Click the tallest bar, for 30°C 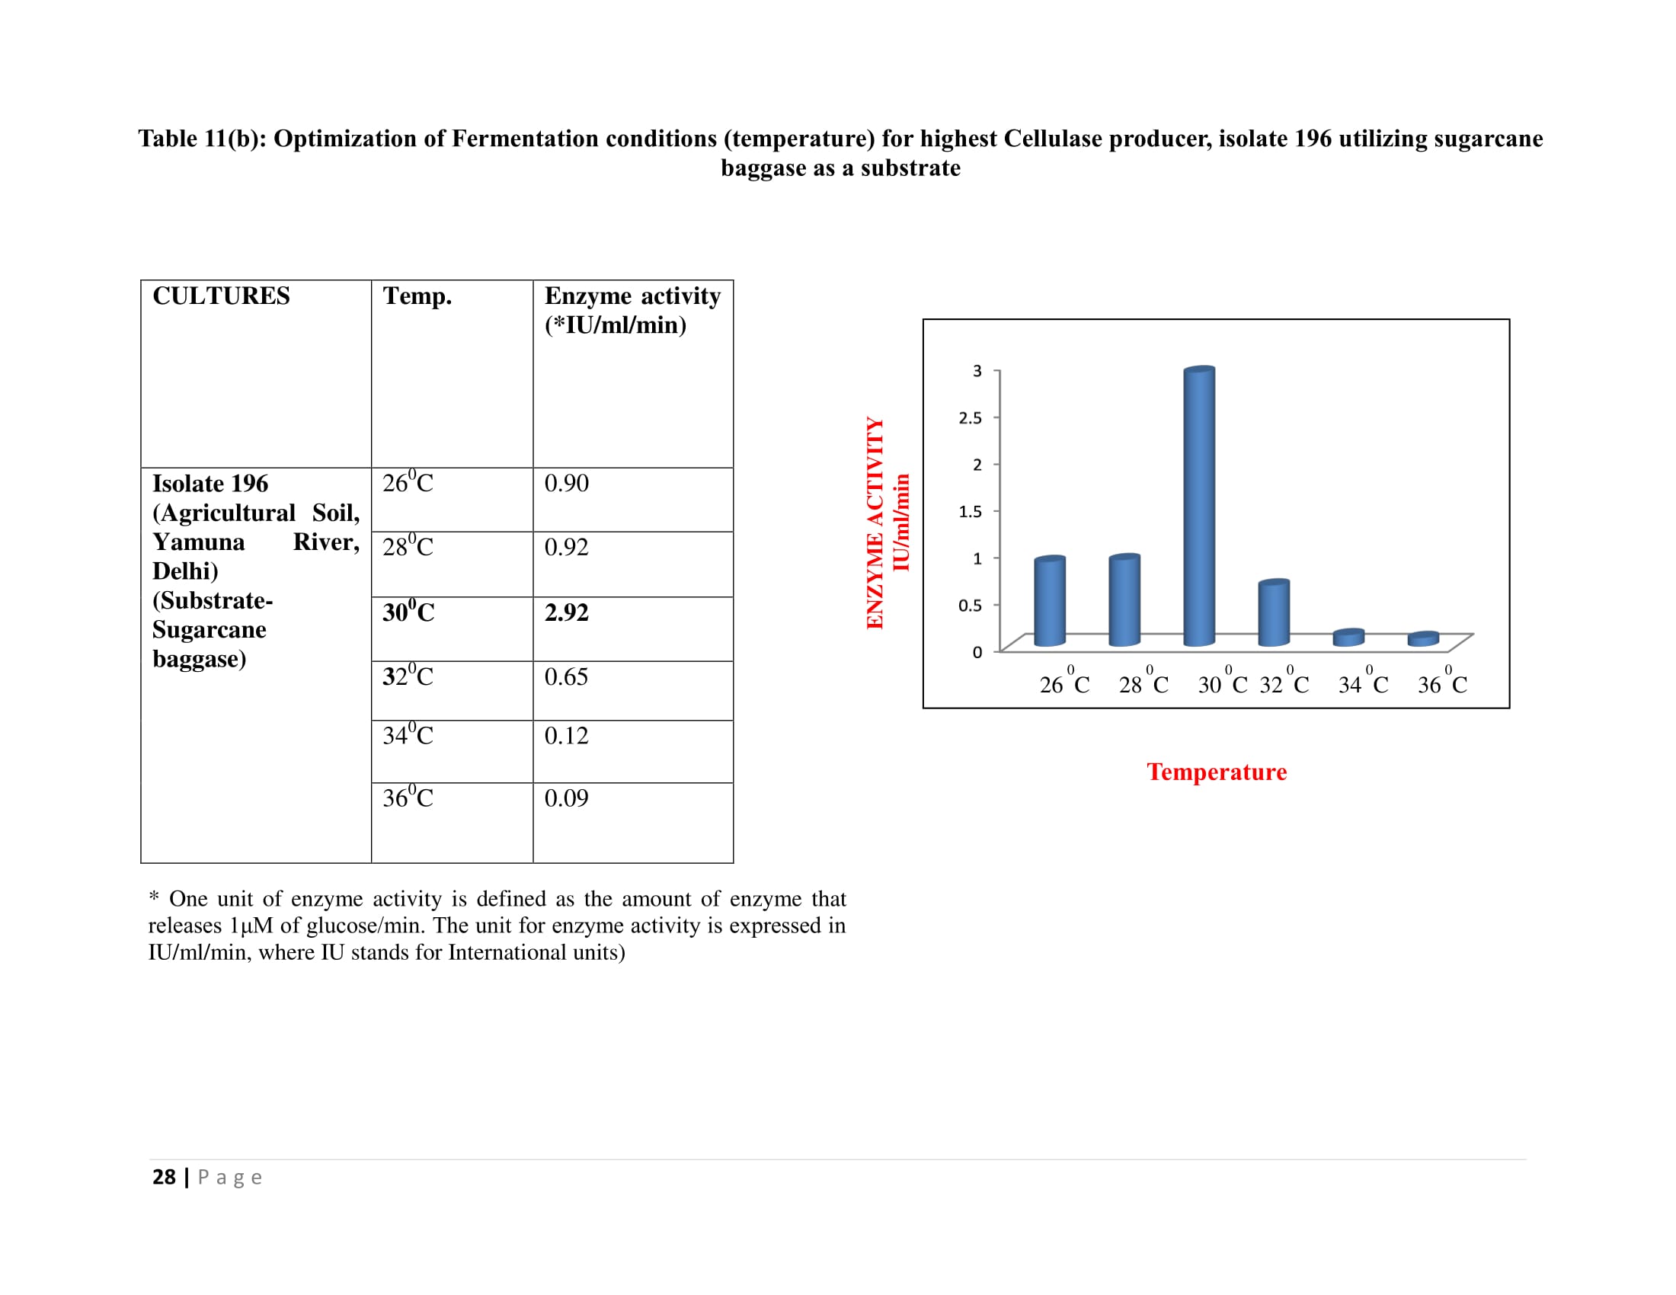click(x=1198, y=507)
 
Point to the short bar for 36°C click(x=1423, y=639)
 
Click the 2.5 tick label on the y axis click(x=970, y=418)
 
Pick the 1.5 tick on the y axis click(x=970, y=512)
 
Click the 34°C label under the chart click(x=1363, y=684)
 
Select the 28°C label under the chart click(x=1143, y=684)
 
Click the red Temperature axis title click(x=1217, y=772)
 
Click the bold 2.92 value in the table click(x=566, y=612)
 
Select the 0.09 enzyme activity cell click(x=566, y=798)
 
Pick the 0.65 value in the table click(x=566, y=676)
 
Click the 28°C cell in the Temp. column click(x=408, y=546)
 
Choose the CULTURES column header click(x=221, y=296)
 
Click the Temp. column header click(x=417, y=296)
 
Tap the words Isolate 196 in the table click(x=210, y=483)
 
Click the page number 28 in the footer click(x=164, y=1177)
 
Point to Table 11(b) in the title click(x=202, y=139)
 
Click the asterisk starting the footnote click(x=153, y=897)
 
